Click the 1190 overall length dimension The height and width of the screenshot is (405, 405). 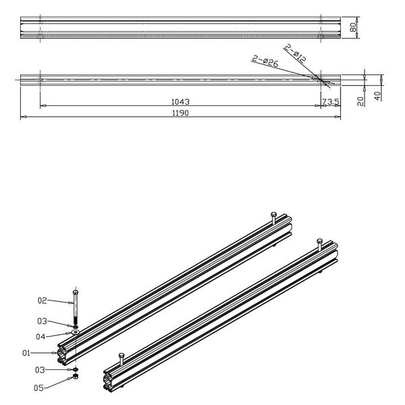pos(180,113)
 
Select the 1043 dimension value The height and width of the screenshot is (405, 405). pos(180,102)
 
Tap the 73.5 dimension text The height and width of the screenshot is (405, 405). pos(330,102)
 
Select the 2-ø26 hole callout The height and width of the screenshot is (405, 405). pos(265,63)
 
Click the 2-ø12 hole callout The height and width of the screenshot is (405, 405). pos(296,54)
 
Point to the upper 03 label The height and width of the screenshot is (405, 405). pos(41,321)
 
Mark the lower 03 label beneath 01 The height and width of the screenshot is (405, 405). pos(41,369)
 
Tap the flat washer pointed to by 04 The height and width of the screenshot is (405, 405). pos(75,333)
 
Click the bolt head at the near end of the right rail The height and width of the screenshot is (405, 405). pos(121,356)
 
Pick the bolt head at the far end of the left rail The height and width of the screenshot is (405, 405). pos(273,215)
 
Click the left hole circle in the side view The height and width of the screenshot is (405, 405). pos(40,80)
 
